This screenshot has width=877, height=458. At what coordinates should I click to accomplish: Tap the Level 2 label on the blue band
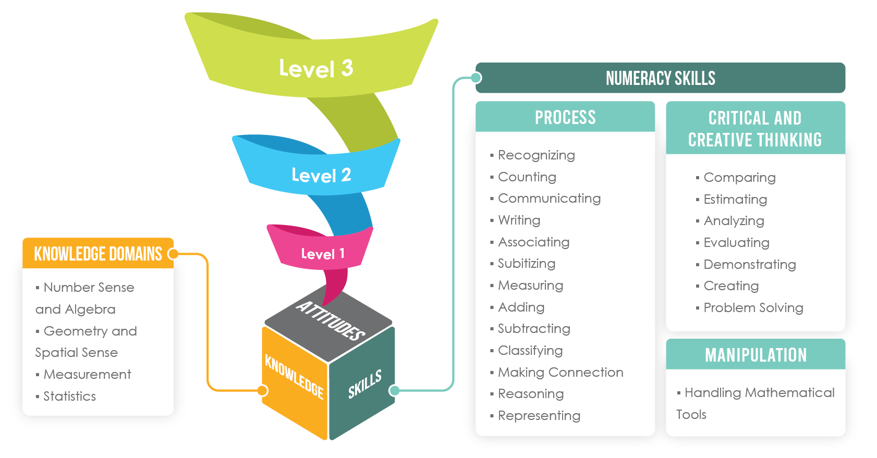point(321,176)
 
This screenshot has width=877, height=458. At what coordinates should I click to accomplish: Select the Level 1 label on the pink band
point(323,254)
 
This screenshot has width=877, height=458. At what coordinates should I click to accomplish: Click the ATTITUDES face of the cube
point(330,320)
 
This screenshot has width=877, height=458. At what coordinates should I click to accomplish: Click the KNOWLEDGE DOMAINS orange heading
point(98,254)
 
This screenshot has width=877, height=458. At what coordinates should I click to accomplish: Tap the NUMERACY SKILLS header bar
point(660,78)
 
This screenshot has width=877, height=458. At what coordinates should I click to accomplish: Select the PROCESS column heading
point(565,117)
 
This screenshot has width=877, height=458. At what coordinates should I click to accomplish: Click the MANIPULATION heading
point(756,355)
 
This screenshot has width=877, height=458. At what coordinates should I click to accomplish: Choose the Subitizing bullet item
point(526,264)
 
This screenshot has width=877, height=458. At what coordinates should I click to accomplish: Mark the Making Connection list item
point(560,372)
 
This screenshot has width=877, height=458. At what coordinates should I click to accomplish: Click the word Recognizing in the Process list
point(536,155)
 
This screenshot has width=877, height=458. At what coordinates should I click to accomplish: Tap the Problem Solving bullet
point(753,308)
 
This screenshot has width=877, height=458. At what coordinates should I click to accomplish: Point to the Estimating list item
point(735,200)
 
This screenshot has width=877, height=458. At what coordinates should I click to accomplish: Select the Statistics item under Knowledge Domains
point(69,397)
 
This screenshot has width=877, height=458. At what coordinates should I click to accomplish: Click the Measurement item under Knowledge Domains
point(87,375)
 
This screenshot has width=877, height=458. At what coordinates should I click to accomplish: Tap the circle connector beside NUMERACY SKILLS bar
point(476,78)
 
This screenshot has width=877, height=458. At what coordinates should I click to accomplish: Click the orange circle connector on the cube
point(263,390)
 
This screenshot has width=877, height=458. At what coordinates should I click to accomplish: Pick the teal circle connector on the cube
point(395,390)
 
